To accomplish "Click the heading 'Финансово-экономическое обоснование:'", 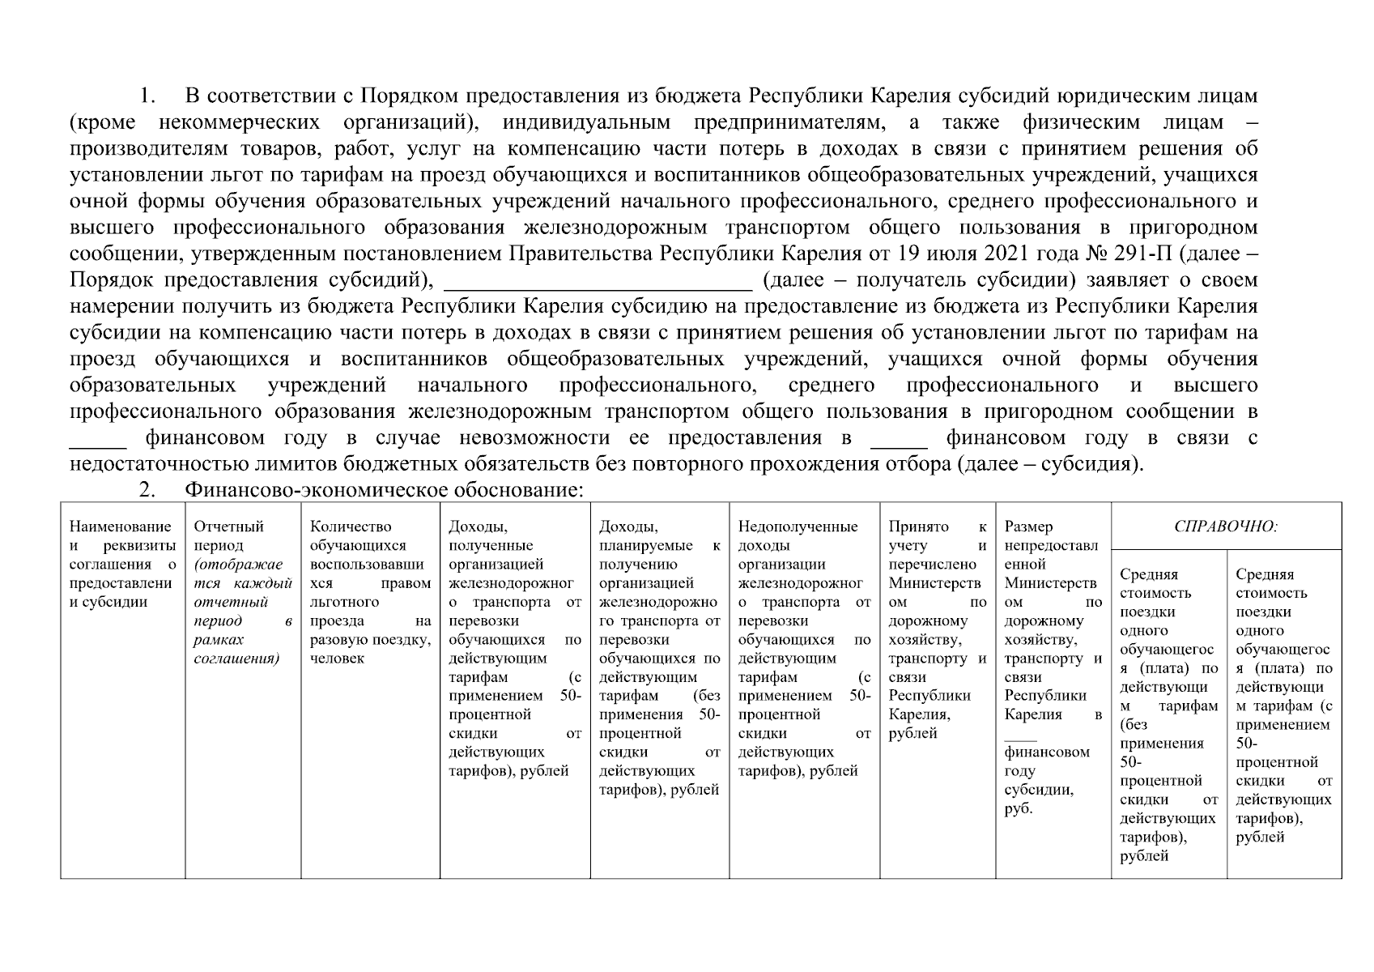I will coord(384,490).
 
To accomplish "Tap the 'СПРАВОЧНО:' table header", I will coord(1225,526).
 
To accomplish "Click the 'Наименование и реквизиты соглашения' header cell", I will coord(122,564).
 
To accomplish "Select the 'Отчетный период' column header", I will coord(229,535).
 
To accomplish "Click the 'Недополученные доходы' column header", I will coord(798,535).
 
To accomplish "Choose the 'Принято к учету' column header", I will coord(937,535).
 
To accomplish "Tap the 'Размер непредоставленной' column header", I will coord(1051,545).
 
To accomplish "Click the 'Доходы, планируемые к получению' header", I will coord(658,545).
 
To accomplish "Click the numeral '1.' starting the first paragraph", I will coord(147,96).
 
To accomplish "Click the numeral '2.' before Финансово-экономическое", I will coord(147,490).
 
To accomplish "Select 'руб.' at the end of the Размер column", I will coord(1018,808).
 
